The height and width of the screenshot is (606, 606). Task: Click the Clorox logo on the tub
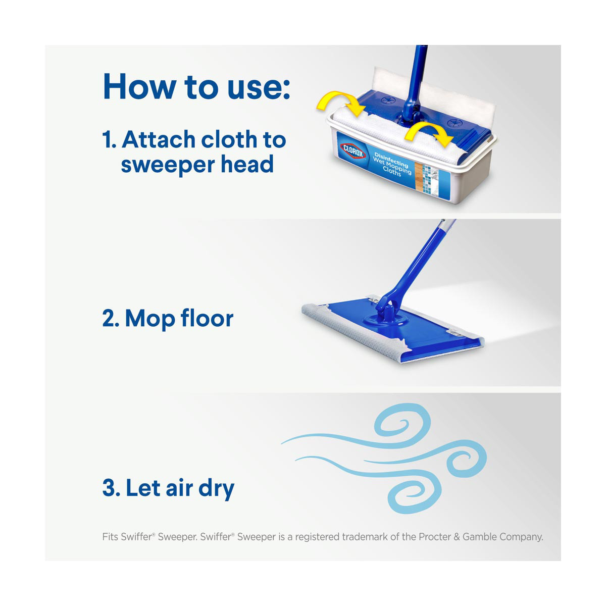[x=353, y=151]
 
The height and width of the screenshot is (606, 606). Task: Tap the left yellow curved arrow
[x=340, y=100]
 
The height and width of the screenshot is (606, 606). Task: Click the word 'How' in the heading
[x=139, y=86]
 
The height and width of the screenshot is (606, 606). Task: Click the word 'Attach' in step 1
[x=159, y=139]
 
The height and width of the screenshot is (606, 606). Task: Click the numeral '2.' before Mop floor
[x=111, y=319]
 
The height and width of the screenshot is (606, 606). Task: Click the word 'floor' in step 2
[x=207, y=318]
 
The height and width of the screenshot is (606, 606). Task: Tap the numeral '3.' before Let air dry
[x=111, y=488]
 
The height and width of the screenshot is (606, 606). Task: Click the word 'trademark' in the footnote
[x=365, y=536]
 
